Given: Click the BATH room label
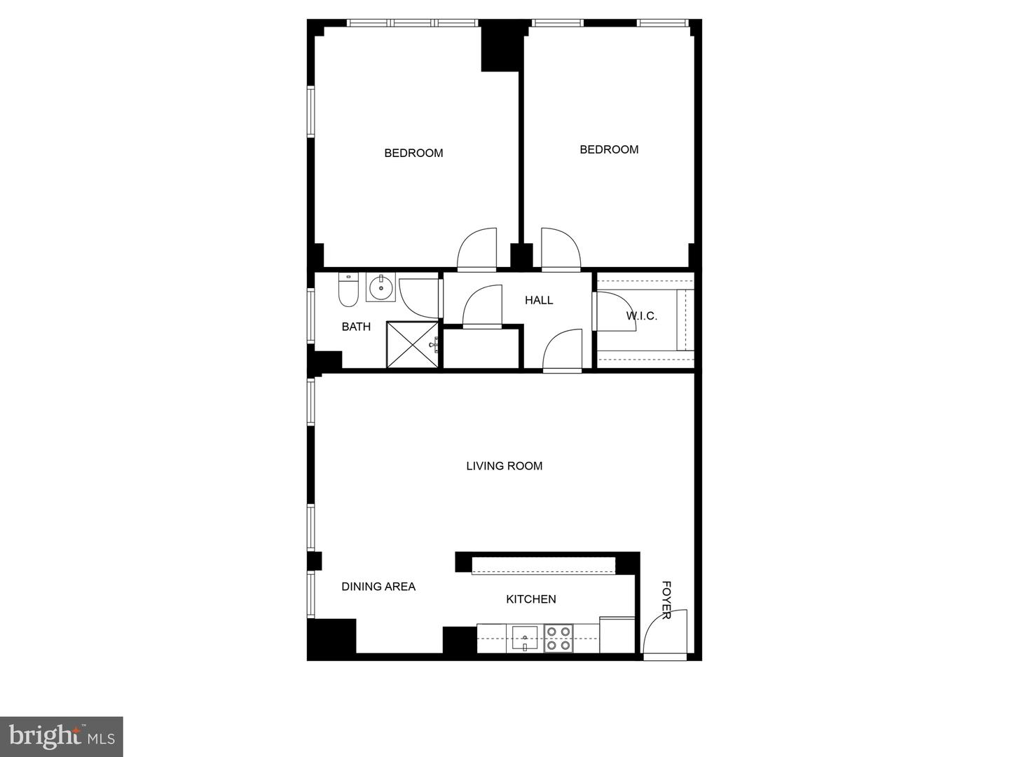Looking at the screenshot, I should [356, 327].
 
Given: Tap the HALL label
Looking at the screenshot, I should [539, 300].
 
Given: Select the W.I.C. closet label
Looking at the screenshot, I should [641, 316].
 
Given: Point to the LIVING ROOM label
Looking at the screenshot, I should [504, 466].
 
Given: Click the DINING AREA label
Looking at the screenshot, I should [378, 587].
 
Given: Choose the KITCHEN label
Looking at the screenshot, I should [531, 599].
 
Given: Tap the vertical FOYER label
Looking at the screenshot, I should [666, 600].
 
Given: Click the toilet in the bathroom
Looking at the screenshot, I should [348, 291].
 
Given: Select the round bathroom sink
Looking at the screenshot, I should [380, 287].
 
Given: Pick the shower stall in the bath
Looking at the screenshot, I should [413, 344].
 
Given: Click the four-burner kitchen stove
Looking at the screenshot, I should [558, 639].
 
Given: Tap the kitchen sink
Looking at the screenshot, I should [525, 639].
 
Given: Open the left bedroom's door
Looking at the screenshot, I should [477, 249].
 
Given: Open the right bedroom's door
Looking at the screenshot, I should [560, 249].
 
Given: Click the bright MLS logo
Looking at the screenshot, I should [62, 737].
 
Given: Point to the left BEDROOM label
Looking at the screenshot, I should [413, 154].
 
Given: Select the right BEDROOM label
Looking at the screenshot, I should [609, 150].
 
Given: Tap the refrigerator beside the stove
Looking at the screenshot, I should [617, 635].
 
